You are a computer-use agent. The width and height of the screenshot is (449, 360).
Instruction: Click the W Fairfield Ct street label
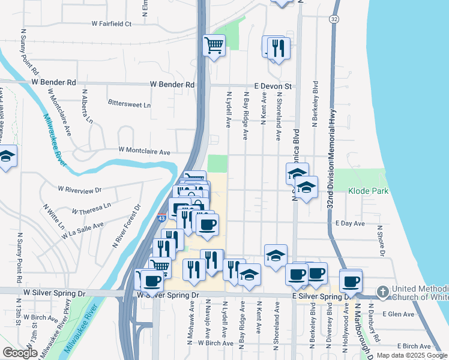[x=111, y=24]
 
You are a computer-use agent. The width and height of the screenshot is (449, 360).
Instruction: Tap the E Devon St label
[x=273, y=86]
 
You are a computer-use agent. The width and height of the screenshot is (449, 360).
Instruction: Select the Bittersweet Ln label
[x=129, y=104]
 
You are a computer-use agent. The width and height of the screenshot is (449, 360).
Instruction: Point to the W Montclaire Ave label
[x=145, y=151]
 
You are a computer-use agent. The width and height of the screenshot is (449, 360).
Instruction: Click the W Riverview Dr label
[x=80, y=189]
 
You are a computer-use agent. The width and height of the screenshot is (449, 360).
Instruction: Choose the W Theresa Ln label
[x=91, y=211]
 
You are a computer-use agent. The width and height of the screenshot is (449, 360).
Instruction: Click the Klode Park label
[x=369, y=191]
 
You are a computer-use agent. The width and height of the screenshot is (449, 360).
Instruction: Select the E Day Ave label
[x=350, y=223]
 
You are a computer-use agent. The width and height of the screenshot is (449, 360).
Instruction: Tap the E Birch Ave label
[x=414, y=346]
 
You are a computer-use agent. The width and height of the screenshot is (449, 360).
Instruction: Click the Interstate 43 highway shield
[x=162, y=218]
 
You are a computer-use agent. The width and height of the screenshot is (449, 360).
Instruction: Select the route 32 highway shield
[x=334, y=19]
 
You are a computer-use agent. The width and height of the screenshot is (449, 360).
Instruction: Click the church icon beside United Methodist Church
[x=383, y=292]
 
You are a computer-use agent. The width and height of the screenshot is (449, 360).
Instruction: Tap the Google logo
[x=20, y=353]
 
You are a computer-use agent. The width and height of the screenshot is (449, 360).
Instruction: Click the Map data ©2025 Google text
[x=411, y=355]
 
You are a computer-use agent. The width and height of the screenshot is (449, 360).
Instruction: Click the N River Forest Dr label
[x=126, y=226]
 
